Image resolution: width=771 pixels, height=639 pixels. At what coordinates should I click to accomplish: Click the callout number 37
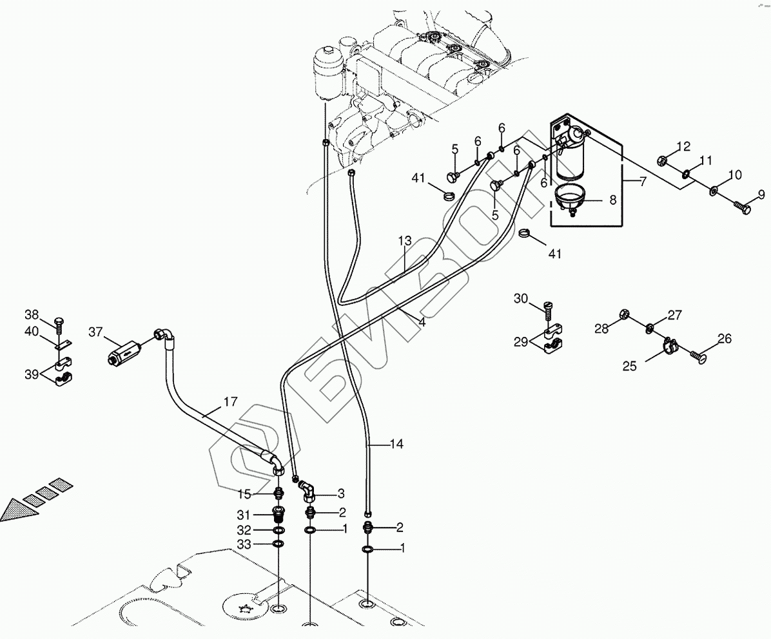[95, 332]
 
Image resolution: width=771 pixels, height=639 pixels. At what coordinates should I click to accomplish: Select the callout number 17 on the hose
[231, 403]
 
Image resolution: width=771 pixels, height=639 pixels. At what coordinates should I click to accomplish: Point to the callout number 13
[404, 241]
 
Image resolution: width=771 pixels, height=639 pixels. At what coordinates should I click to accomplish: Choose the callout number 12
[683, 146]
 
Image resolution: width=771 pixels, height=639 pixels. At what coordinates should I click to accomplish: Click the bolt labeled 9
[742, 209]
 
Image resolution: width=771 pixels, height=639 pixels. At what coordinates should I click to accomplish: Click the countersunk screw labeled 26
[699, 353]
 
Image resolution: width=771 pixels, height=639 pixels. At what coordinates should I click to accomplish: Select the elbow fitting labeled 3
[308, 495]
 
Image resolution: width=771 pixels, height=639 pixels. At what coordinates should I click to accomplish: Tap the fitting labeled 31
[279, 515]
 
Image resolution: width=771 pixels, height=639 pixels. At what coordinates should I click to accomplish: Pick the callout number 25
[629, 366]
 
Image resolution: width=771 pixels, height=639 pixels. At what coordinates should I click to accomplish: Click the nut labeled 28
[624, 314]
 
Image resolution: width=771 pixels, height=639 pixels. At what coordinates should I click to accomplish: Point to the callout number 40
[32, 332]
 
